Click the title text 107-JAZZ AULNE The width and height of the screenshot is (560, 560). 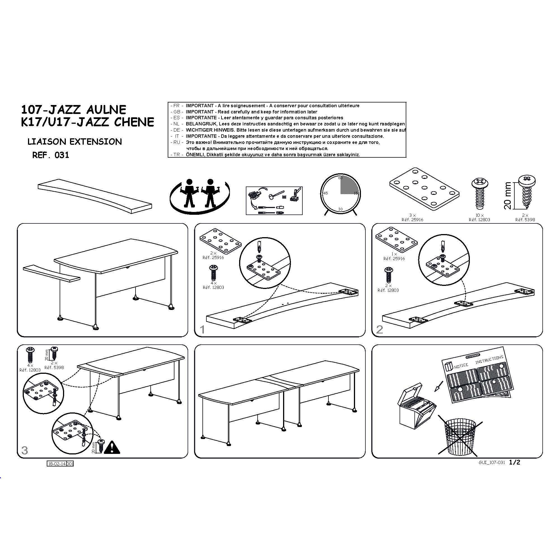74,109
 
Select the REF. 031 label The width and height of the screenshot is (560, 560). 51,155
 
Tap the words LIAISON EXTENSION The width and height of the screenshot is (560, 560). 74,142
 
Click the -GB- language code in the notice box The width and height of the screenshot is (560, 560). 176,112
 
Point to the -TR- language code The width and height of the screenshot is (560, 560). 176,155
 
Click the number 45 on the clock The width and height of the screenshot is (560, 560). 326,193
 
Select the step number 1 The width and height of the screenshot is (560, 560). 202,330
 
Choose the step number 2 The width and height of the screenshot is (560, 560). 379,330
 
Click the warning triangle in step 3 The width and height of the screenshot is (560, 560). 112,447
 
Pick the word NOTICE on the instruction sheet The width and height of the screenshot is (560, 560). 461,366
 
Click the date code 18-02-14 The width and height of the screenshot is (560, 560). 57,464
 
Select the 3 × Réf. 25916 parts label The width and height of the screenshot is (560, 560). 412,217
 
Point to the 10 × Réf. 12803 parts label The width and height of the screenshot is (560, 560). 479,217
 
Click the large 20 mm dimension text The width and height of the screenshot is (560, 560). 508,196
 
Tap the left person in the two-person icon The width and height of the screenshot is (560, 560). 189,193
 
